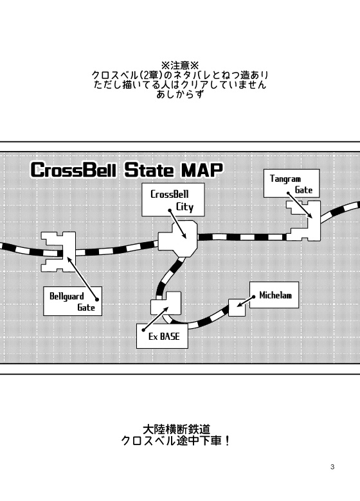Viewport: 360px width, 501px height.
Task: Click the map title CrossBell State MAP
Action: [x=126, y=171]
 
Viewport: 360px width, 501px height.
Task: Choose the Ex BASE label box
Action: [x=162, y=335]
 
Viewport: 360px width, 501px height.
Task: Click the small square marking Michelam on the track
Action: [x=237, y=308]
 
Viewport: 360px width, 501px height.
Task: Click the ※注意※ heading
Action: [x=179, y=66]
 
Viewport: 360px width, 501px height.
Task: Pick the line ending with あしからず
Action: [x=179, y=94]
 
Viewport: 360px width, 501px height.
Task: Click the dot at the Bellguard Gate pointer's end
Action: [x=96, y=298]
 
